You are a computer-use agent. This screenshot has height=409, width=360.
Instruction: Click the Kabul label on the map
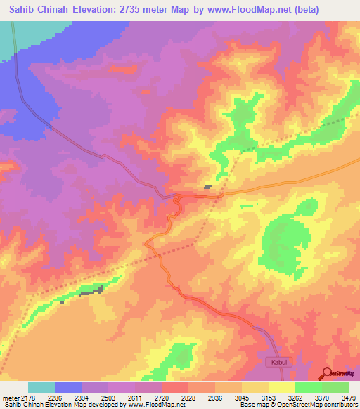point(276,362)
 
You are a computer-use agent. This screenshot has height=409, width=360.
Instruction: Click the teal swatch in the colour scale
point(41,387)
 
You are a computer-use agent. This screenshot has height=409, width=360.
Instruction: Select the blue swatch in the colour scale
point(68,387)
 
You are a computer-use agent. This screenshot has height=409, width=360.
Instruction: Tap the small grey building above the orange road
point(209,187)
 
